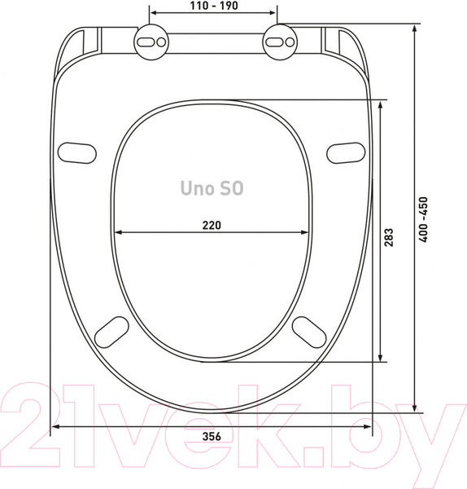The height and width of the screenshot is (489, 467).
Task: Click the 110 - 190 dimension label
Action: click(x=214, y=6)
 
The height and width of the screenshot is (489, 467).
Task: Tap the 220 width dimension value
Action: click(x=212, y=225)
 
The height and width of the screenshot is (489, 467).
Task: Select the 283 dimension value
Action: click(x=389, y=237)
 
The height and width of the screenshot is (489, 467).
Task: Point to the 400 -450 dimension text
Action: click(x=423, y=219)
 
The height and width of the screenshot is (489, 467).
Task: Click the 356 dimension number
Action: click(x=212, y=436)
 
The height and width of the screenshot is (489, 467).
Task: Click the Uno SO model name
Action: click(x=212, y=188)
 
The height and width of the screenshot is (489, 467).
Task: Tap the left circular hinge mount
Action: click(x=151, y=42)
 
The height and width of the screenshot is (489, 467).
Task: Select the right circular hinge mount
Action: click(x=280, y=42)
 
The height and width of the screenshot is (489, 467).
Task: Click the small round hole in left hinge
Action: click(x=161, y=42)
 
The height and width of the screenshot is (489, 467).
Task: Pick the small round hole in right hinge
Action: click(x=290, y=42)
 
